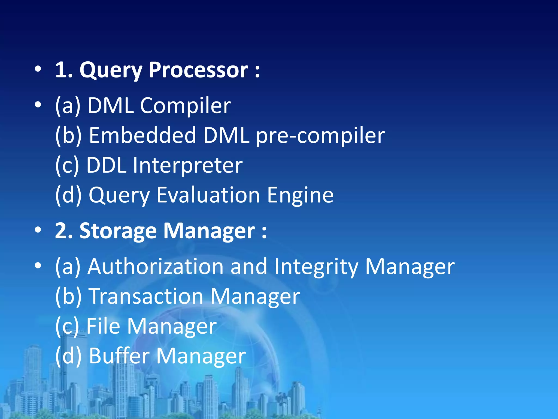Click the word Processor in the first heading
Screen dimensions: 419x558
coord(198,70)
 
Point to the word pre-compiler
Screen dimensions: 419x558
coord(320,136)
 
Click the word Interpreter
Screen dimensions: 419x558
coord(188,165)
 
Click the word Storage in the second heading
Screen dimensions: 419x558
coord(118,231)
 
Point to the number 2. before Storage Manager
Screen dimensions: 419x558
coord(64,231)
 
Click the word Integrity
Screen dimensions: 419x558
coord(316,267)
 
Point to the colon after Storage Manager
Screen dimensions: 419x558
coord(264,232)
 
